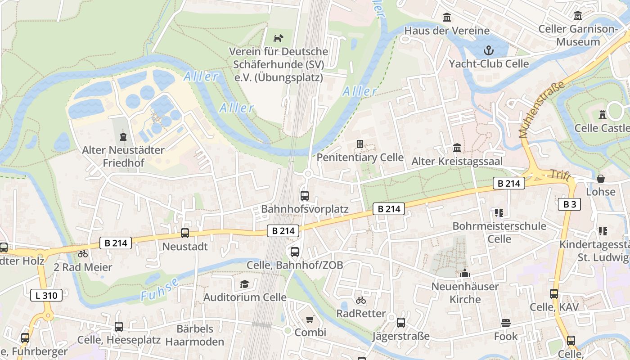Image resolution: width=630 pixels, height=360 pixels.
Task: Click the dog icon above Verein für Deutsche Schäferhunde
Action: click(x=279, y=38)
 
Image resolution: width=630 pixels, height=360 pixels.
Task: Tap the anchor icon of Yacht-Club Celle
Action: click(x=488, y=50)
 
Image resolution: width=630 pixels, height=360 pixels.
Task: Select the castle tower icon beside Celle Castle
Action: click(x=603, y=115)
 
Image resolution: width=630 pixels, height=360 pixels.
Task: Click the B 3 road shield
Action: click(x=569, y=204)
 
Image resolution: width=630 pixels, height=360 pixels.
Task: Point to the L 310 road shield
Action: click(x=46, y=296)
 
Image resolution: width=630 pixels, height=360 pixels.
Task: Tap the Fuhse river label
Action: click(x=160, y=290)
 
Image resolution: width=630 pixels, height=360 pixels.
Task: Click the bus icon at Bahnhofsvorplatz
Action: click(x=305, y=196)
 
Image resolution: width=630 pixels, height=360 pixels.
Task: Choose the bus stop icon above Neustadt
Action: click(x=185, y=233)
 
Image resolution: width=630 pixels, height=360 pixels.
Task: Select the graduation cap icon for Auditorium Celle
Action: click(x=244, y=284)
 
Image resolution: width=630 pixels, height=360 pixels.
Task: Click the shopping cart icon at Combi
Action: click(x=310, y=319)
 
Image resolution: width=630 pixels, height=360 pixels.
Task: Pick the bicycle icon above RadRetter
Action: click(x=361, y=300)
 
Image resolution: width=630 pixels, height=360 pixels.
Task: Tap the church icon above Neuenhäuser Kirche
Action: click(x=465, y=273)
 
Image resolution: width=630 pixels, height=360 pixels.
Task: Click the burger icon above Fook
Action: click(x=506, y=323)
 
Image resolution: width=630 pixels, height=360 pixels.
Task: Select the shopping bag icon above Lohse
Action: click(x=600, y=179)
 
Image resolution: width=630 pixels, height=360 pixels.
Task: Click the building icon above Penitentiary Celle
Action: click(x=360, y=144)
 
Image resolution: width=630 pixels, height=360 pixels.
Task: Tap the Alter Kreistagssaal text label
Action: click(x=457, y=161)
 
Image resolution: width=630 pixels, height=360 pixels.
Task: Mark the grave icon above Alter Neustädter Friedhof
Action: click(x=123, y=136)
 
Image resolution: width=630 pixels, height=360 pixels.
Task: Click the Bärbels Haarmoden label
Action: click(x=194, y=335)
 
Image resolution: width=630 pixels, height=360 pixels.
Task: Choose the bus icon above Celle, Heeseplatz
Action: click(x=119, y=326)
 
